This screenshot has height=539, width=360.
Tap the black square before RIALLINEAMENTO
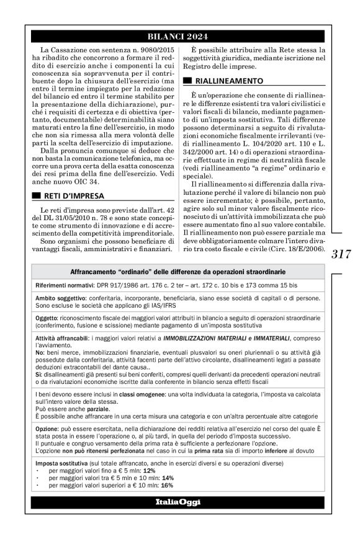click(x=187, y=81)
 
